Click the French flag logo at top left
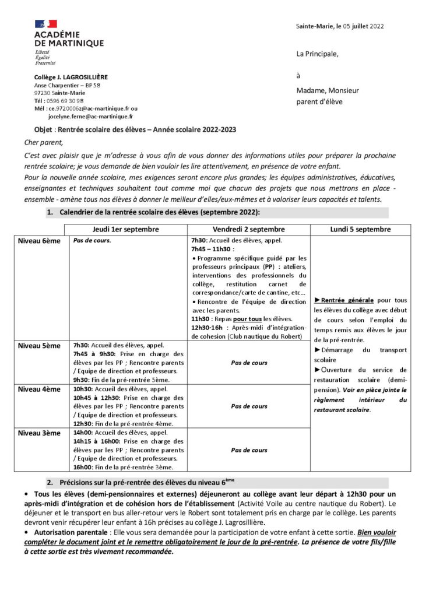pos(46,24)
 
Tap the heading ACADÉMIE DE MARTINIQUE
pos(69,39)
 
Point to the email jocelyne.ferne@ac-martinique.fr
pos(90,116)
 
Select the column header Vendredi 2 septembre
pos(249,229)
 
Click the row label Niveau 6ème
pos(39,241)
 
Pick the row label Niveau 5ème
pos(39,346)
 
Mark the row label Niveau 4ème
pos(39,389)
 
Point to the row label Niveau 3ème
pos(39,433)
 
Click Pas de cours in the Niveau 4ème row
pos(249,406)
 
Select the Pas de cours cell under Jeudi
pos(92,240)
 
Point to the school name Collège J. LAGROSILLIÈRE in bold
pos(71,77)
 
